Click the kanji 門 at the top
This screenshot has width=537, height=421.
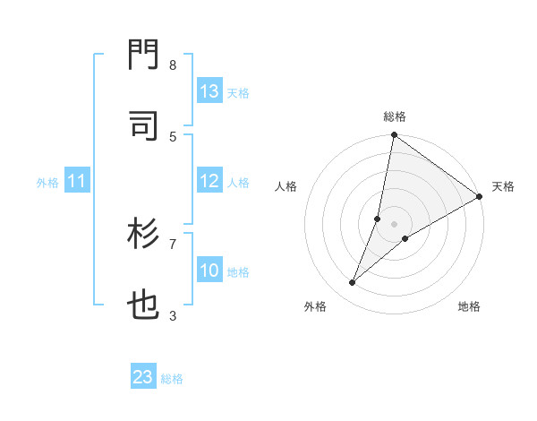click(x=144, y=56)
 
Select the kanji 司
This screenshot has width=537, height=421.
click(x=144, y=125)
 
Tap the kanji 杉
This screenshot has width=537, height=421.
click(x=144, y=235)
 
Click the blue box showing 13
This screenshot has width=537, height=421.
click(x=209, y=91)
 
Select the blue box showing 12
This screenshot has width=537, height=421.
click(x=209, y=181)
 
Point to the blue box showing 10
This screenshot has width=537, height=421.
click(x=209, y=271)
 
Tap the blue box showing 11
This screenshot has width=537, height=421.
click(x=77, y=182)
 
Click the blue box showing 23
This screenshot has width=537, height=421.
click(x=143, y=377)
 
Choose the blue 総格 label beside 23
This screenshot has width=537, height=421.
click(x=172, y=379)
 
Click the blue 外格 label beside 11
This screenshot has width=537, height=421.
click(x=47, y=183)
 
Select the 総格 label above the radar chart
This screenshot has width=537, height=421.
click(x=394, y=116)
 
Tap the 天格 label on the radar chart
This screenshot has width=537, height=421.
click(x=503, y=186)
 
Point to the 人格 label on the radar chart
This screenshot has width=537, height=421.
click(x=286, y=186)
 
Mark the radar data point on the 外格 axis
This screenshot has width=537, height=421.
click(x=353, y=283)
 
